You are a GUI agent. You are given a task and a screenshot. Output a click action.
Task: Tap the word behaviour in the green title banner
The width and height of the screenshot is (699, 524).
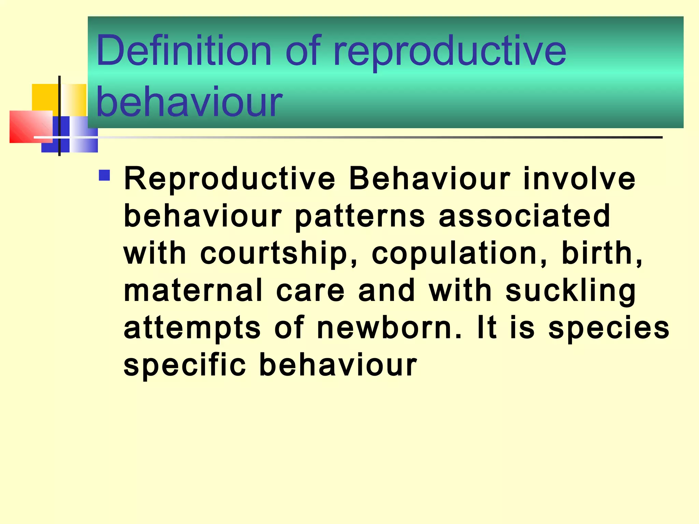tap(189, 102)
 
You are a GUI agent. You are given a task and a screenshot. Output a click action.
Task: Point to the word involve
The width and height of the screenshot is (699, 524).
tap(579, 179)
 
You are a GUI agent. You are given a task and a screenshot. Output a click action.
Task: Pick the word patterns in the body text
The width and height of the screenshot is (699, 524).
tap(360, 216)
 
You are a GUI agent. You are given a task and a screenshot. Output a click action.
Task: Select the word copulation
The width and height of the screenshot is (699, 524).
tap(459, 254)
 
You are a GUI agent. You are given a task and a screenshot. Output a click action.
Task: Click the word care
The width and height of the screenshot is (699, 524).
tap(310, 291)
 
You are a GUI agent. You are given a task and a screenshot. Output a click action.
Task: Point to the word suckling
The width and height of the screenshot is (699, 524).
tap(571, 291)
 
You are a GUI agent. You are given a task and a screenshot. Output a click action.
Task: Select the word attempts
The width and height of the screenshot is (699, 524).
tap(192, 329)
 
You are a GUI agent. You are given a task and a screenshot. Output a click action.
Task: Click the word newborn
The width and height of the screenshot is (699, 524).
tap(389, 328)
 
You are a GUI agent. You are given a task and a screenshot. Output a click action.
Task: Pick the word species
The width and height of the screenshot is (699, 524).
tap(609, 329)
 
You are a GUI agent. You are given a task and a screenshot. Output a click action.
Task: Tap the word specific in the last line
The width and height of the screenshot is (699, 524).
tap(185, 365)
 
